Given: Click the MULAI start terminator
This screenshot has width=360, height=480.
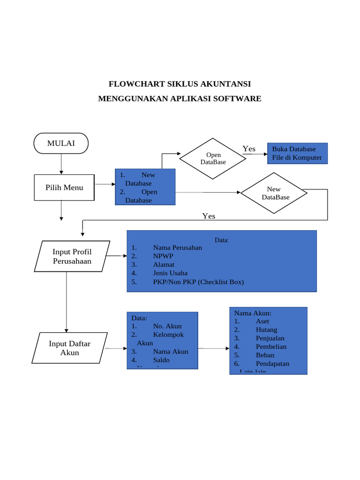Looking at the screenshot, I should (61, 143).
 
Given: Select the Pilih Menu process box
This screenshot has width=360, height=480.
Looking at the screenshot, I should (64, 187).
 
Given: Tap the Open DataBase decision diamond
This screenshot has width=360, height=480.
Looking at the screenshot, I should (213, 158).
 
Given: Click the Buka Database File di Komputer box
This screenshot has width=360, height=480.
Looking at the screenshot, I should (297, 153).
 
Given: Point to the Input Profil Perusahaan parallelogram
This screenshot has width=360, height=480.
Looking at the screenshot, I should (72, 256).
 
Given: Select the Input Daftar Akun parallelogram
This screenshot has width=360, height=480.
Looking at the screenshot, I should (70, 348).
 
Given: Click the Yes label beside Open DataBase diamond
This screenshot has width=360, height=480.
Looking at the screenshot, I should (249, 149).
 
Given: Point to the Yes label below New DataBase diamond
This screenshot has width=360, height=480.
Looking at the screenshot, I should (209, 216).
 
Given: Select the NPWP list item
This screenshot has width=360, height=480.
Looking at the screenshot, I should (163, 256).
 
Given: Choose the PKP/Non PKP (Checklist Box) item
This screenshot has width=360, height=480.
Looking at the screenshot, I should (198, 282).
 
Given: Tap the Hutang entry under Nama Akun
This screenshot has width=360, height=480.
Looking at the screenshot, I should (266, 330).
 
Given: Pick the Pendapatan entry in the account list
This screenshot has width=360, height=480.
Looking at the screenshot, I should (272, 363).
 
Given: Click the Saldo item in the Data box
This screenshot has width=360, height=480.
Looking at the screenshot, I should (161, 360).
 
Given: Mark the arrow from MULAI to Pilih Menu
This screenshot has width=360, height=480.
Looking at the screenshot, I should (61, 164).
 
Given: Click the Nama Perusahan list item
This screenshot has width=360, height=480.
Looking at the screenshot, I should (177, 247).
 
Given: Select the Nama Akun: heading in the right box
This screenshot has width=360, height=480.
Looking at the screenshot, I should (253, 313).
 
